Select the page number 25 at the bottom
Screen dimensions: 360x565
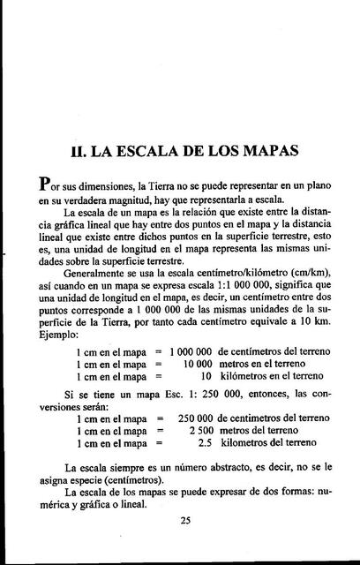[x=185, y=520]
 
